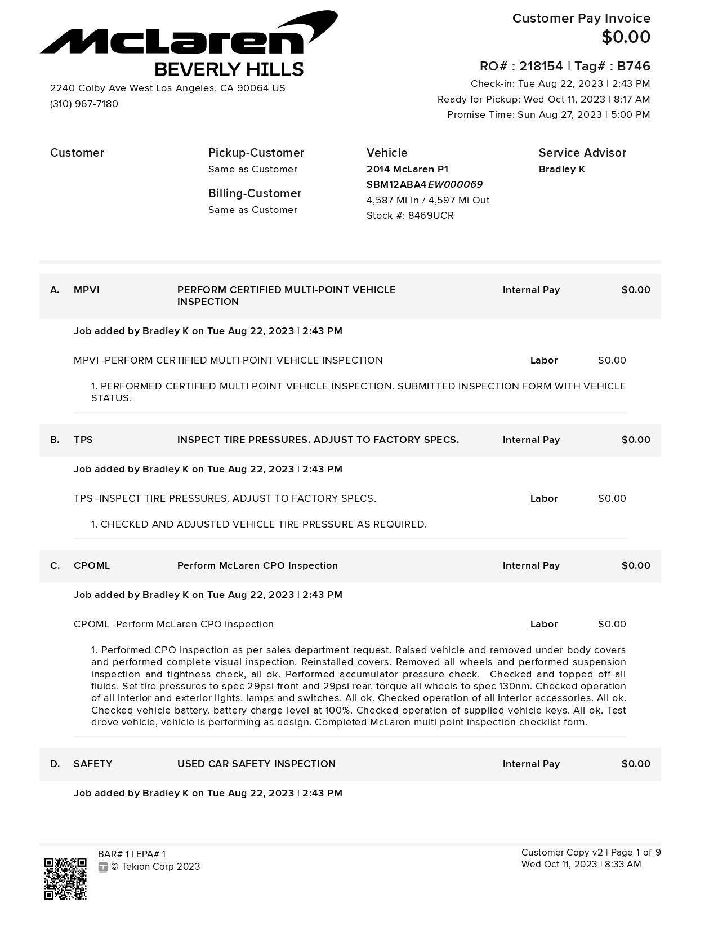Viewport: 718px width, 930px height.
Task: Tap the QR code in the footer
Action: [65, 879]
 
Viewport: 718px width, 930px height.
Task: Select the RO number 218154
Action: [541, 67]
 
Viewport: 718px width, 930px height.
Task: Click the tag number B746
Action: [634, 67]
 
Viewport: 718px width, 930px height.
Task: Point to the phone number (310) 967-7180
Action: [84, 104]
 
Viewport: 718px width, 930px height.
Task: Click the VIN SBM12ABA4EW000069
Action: [424, 185]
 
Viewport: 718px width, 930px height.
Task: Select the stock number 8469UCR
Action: [431, 216]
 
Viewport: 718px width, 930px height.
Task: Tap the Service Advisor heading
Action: [582, 153]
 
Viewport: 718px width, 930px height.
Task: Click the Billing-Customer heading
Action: [255, 194]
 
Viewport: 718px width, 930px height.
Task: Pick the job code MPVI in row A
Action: [86, 290]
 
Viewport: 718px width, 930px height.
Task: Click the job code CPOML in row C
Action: [92, 566]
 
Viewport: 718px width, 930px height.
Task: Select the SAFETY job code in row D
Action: [93, 764]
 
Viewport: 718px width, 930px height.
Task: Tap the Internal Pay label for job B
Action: [531, 440]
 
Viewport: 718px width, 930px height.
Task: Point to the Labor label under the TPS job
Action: [543, 499]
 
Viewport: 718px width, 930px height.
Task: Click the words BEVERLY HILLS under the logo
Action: [229, 70]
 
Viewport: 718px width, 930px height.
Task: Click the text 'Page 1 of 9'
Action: [636, 853]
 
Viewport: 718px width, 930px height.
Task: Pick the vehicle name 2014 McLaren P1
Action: [407, 170]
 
